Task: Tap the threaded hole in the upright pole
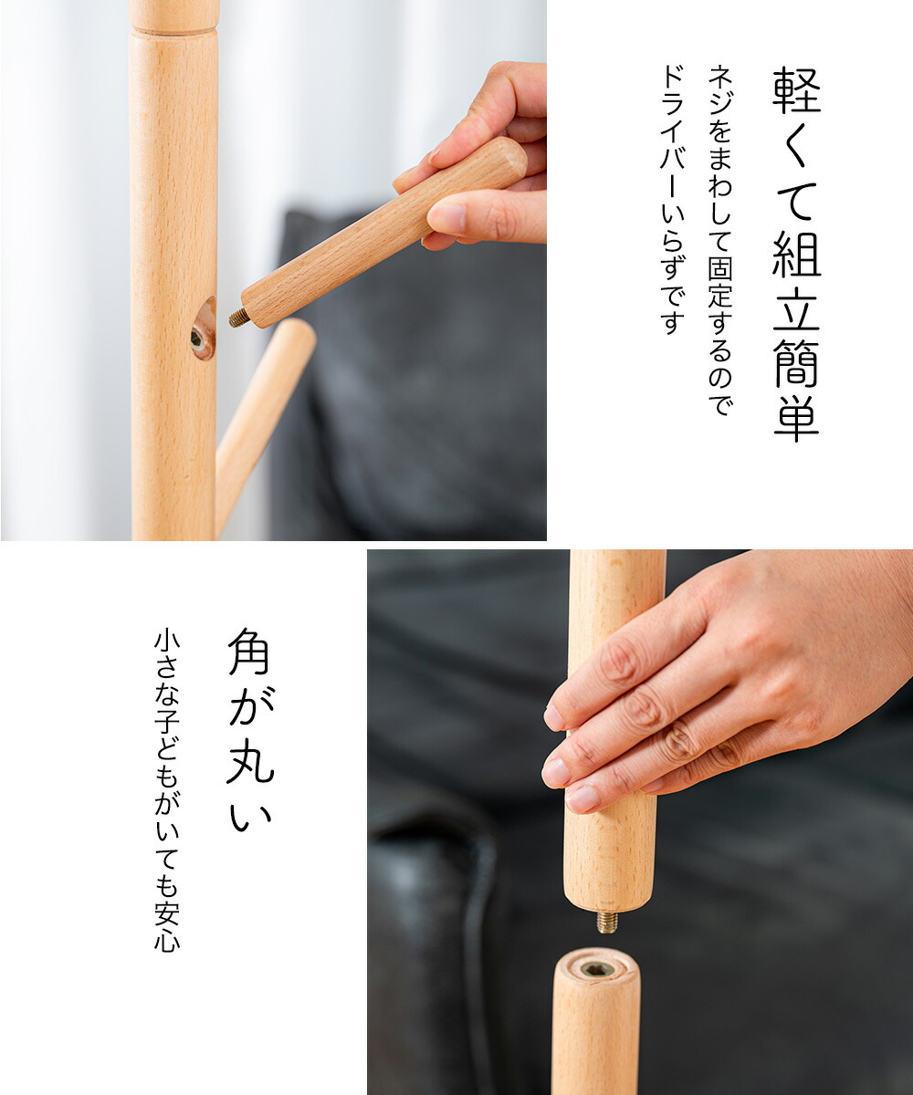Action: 197,339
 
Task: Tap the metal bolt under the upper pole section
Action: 606,921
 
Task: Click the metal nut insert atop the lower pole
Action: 596,969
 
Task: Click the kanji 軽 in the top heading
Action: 796,90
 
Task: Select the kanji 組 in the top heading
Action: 796,254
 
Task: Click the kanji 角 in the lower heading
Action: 248,651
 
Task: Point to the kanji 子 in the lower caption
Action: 167,725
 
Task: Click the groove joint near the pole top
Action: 173,31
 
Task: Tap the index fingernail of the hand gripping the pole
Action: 554,718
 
